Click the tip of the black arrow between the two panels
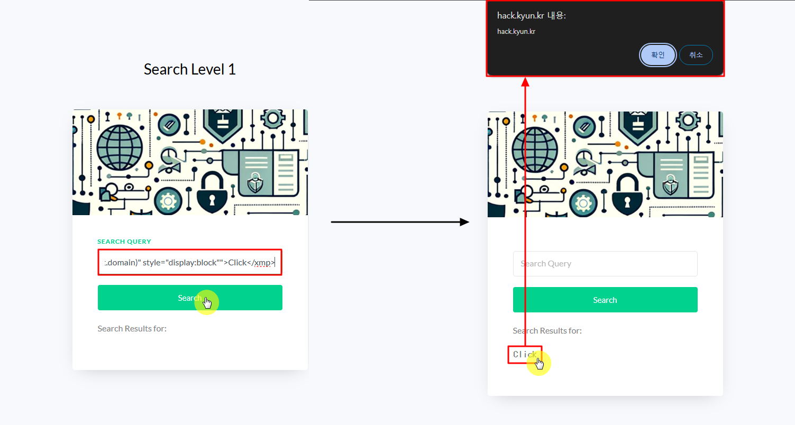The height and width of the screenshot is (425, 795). pyautogui.click(x=469, y=222)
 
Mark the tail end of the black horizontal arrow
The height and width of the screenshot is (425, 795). pyautogui.click(x=331, y=222)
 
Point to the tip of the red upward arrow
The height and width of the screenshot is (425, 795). pyautogui.click(x=525, y=78)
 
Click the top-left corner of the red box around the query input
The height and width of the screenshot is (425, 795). pyautogui.click(x=98, y=250)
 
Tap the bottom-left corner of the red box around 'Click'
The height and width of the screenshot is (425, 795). pyautogui.click(x=508, y=363)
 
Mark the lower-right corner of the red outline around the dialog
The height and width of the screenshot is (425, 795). pyautogui.click(x=724, y=76)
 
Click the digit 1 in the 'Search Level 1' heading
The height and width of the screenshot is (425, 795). pyautogui.click(x=232, y=69)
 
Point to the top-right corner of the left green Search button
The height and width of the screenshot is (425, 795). pyautogui.click(x=282, y=285)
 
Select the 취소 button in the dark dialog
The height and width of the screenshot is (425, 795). pyautogui.click(x=696, y=55)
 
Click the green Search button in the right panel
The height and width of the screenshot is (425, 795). pyautogui.click(x=605, y=300)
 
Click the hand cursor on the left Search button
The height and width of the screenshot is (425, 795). pyautogui.click(x=207, y=303)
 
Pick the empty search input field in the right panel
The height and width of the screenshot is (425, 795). pyautogui.click(x=605, y=264)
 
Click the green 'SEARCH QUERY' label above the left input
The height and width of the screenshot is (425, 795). pyautogui.click(x=124, y=242)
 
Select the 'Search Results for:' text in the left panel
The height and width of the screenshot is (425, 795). pyautogui.click(x=132, y=328)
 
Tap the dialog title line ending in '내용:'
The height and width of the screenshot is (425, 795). pyautogui.click(x=531, y=16)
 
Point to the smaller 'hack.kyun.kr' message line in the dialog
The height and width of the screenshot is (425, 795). pyautogui.click(x=516, y=32)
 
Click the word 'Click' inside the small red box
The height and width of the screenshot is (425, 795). pyautogui.click(x=525, y=354)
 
